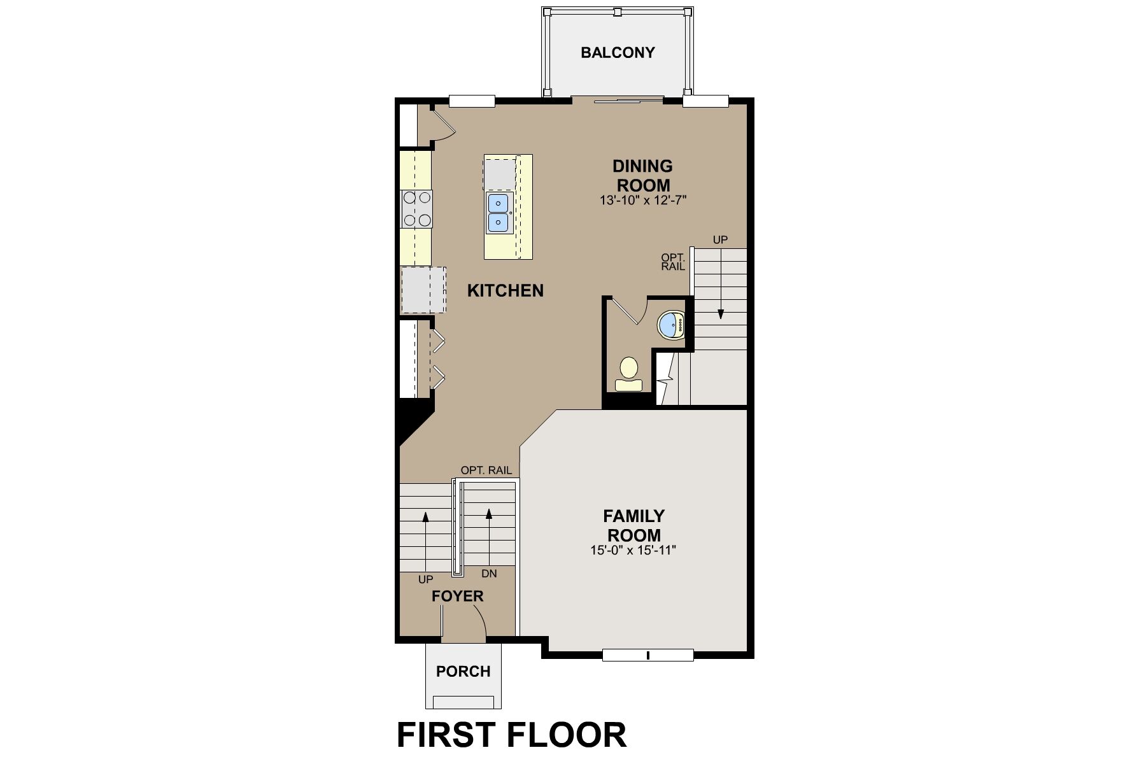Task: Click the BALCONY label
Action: (x=618, y=53)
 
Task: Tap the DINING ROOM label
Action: (x=642, y=176)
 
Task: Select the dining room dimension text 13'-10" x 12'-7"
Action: (x=643, y=200)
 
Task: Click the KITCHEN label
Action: (x=506, y=291)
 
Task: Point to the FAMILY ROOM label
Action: (x=633, y=525)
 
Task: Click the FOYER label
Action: (x=458, y=597)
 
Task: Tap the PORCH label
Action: (x=463, y=672)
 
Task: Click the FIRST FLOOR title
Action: (x=511, y=735)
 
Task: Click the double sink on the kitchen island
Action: (x=499, y=213)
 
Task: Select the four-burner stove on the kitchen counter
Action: (x=417, y=209)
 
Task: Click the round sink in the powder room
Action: (x=670, y=325)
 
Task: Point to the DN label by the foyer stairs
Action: (x=489, y=574)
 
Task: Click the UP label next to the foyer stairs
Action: (x=425, y=579)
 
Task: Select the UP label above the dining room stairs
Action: (x=720, y=240)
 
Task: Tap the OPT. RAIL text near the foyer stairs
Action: (x=486, y=470)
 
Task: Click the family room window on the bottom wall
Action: (x=647, y=654)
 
